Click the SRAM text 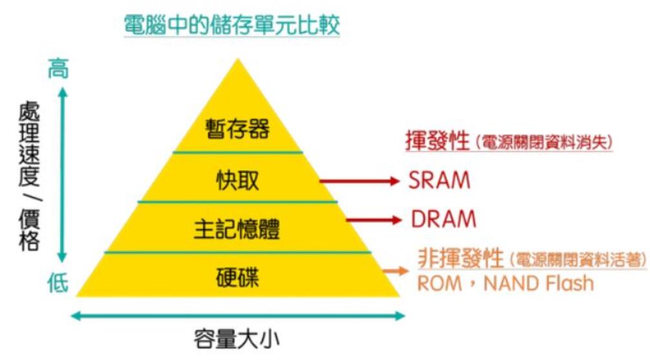click(439, 181)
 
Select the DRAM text click(443, 219)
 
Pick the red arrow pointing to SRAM click(360, 182)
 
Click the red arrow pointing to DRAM click(373, 220)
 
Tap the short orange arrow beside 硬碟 click(391, 271)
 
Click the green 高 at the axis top click(58, 69)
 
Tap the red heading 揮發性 click(437, 142)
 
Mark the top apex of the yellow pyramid click(238, 60)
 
